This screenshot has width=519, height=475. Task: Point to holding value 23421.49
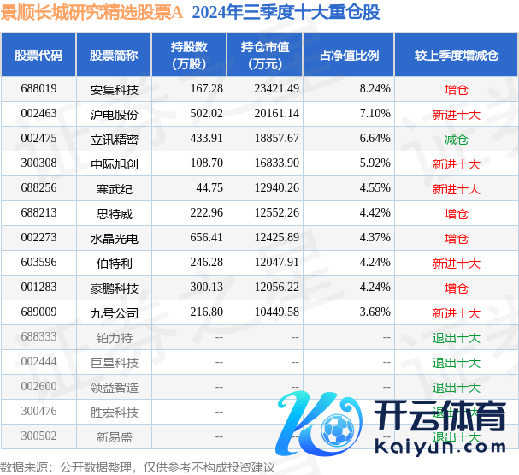(x=270, y=88)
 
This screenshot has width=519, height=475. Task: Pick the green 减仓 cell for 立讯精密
(x=456, y=139)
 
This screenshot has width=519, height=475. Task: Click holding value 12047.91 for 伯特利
(x=270, y=263)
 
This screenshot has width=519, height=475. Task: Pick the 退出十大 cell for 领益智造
(x=456, y=388)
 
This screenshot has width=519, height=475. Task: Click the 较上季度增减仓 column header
(x=456, y=56)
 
